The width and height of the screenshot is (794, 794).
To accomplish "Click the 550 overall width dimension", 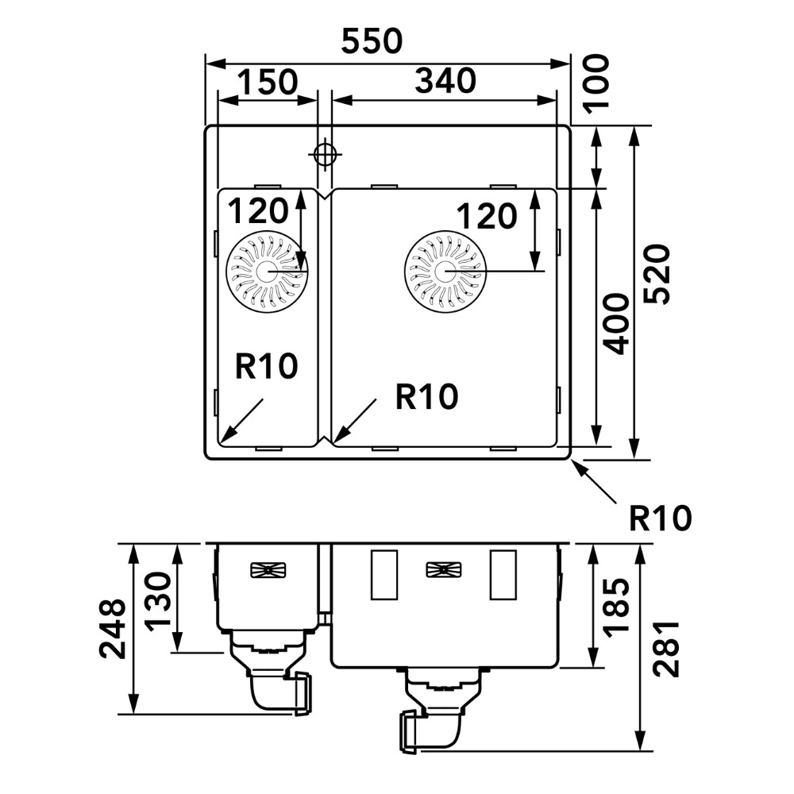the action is coord(372,41).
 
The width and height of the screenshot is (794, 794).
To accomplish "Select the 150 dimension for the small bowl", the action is coord(268,82).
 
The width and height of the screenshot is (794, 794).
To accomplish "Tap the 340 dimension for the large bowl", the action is coord(445,81).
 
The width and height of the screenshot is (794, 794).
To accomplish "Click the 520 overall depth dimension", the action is coord(657,274).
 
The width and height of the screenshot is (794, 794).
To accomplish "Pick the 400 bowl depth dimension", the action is coord(616,324).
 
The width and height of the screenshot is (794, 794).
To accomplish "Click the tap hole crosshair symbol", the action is coord(324,154).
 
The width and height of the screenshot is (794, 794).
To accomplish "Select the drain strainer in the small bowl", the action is coord(267,272).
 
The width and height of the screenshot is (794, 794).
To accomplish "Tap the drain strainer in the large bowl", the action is coord(445,272).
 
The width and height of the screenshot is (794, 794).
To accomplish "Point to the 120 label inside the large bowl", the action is coord(487,216).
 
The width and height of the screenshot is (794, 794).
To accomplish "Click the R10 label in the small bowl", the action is coord(266,366).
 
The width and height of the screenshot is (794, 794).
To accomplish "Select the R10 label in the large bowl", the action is coord(426,396).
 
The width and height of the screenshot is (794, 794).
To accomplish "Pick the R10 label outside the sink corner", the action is coord(661,518).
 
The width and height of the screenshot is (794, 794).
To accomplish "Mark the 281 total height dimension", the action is coord(665,649).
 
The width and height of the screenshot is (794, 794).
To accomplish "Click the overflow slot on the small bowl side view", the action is coord(268,569).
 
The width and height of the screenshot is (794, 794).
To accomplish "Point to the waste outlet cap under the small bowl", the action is coord(303,692).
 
